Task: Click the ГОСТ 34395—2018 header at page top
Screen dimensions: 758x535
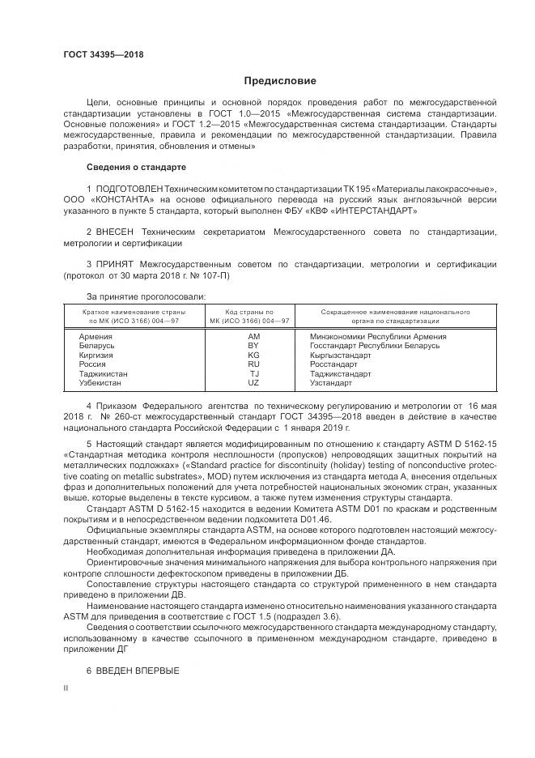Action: coord(103,54)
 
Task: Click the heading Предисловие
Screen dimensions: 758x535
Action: coord(280,81)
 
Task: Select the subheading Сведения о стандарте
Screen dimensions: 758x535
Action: coord(136,167)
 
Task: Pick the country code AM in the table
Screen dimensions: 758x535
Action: coord(253,336)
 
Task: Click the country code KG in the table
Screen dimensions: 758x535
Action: coord(253,355)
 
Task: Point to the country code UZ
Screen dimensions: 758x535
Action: coord(253,383)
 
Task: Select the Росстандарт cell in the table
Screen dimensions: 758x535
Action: coord(334,364)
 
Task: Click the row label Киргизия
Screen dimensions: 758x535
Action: coord(96,355)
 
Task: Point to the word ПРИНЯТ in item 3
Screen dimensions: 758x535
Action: coord(115,264)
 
